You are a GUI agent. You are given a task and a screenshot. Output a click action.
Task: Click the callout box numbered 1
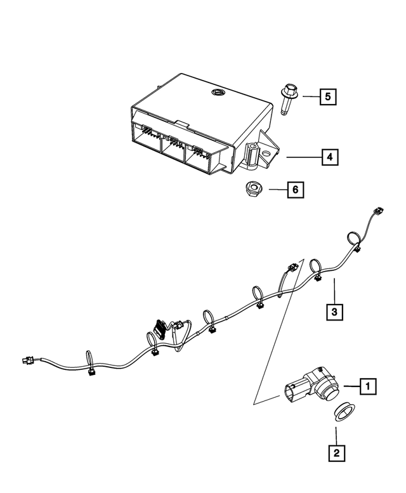click(x=366, y=386)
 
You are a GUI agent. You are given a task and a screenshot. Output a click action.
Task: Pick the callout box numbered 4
click(x=329, y=156)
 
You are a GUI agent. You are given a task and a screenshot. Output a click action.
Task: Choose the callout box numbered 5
click(x=327, y=96)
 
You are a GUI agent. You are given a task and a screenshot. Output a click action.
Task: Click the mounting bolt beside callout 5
click(x=285, y=99)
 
